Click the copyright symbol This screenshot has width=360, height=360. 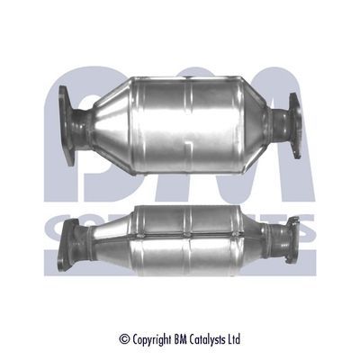tap(125, 339)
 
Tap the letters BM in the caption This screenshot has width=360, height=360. tap(181, 339)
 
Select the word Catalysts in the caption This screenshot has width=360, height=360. tap(209, 339)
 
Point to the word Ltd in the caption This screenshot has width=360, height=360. tap(236, 339)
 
